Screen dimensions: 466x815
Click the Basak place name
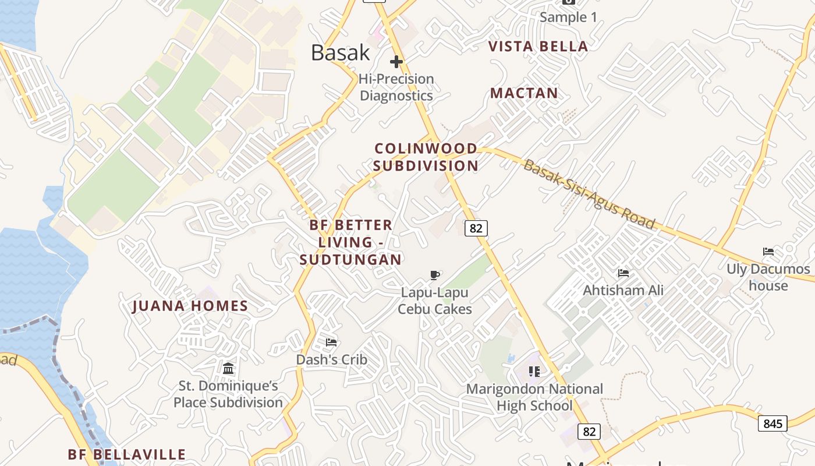tap(341, 52)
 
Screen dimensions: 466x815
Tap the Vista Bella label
tap(538, 47)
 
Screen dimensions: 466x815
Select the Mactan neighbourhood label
tap(524, 93)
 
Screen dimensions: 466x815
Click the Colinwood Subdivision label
tap(426, 157)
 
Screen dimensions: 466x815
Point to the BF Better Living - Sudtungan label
tap(350, 242)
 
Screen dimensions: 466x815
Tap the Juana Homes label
tap(190, 306)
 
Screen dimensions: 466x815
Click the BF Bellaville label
tap(127, 454)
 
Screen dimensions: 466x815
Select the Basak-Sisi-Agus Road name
tap(589, 195)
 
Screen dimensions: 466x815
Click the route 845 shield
tap(773, 423)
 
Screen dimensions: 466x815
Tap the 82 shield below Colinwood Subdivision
tap(476, 228)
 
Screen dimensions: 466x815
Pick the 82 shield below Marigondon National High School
tap(589, 432)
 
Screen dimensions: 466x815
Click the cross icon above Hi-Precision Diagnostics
tap(396, 62)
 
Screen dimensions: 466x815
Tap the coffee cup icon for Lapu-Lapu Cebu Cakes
tap(434, 275)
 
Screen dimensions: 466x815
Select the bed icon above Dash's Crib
tap(331, 343)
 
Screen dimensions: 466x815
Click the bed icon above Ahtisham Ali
tap(623, 273)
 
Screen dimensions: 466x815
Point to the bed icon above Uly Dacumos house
tap(768, 252)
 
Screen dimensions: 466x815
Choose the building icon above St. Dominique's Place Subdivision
tap(228, 368)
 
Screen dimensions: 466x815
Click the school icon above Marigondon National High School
tap(534, 371)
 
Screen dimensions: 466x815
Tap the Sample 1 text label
tap(568, 17)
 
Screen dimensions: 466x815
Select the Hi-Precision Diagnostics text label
tap(396, 87)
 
